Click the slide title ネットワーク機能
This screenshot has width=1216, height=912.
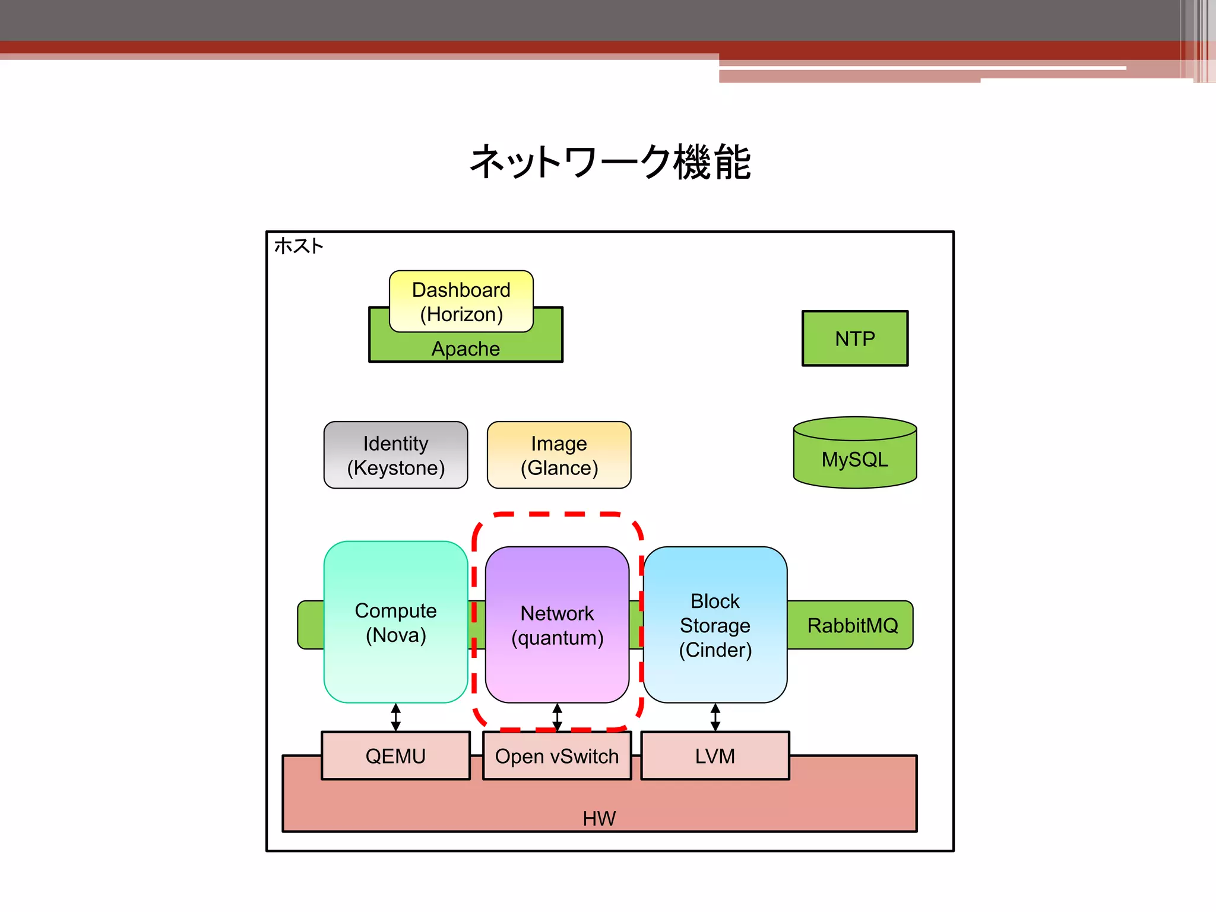point(610,162)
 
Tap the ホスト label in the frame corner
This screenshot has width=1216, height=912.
point(299,246)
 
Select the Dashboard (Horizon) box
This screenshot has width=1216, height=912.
point(461,301)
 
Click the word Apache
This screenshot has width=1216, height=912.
point(465,349)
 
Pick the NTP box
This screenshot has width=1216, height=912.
point(854,338)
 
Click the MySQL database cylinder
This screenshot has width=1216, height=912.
point(854,458)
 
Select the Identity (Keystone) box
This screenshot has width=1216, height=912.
point(395,455)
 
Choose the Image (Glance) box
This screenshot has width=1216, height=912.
point(559,455)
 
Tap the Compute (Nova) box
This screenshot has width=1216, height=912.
point(395,622)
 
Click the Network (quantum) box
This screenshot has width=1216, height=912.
point(557,625)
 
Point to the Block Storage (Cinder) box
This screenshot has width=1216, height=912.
point(715,625)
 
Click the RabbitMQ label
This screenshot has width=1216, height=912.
point(852,625)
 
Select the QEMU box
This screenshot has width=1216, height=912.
point(395,756)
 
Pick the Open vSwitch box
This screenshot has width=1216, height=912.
point(557,756)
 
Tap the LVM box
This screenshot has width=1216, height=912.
point(715,756)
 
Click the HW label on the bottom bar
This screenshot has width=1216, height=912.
point(599,818)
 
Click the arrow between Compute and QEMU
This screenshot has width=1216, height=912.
point(396,717)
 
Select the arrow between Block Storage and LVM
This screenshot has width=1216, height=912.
point(715,717)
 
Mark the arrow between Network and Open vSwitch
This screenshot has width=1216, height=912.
point(557,717)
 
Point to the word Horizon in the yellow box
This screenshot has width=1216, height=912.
point(461,314)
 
